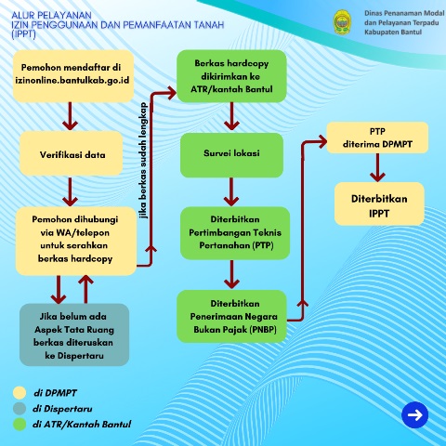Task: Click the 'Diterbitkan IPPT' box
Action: click(x=379, y=205)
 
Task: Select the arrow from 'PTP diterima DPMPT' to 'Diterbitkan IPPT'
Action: click(x=377, y=169)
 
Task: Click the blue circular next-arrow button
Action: click(x=414, y=415)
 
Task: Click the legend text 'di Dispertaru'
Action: click(x=64, y=408)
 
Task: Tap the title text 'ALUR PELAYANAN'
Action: click(x=46, y=15)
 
